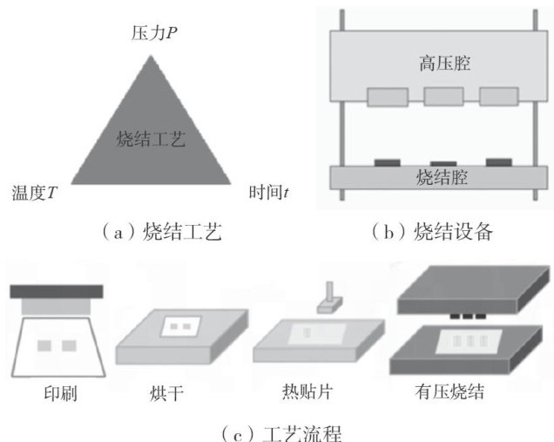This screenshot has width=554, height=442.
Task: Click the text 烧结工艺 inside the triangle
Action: (150, 138)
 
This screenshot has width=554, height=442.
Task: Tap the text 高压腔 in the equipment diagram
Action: (437, 62)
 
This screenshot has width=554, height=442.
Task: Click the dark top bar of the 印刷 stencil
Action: (56, 291)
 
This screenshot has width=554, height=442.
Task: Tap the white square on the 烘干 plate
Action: (180, 326)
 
